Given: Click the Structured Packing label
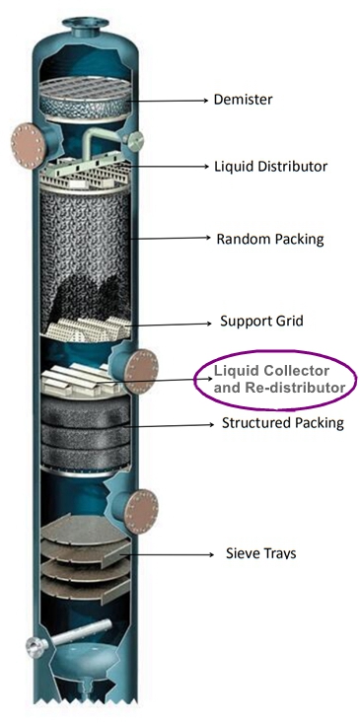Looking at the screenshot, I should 279,423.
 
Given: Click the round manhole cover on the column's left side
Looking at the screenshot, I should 24,143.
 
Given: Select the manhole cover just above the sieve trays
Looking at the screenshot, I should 141,510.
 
